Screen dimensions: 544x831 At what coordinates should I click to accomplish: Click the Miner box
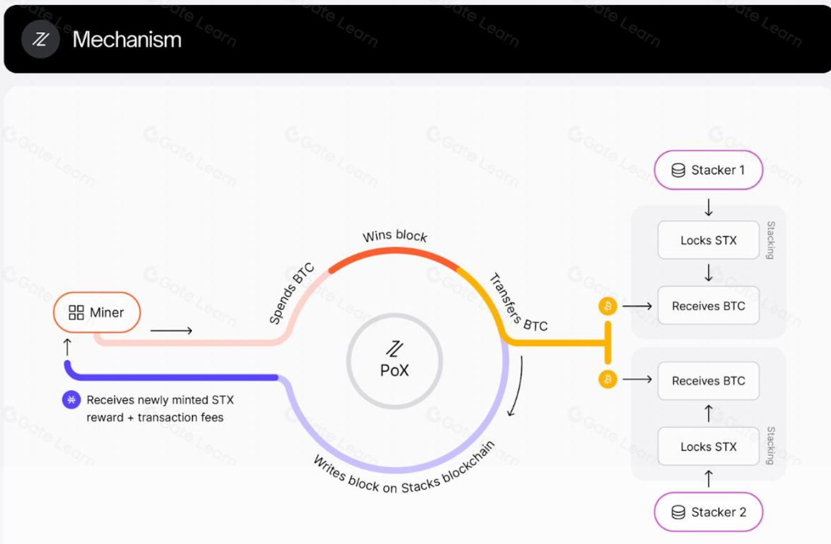pyautogui.click(x=96, y=312)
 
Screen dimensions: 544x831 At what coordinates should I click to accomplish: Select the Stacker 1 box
pyautogui.click(x=708, y=170)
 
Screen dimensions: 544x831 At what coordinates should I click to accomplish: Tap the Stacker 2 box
pyautogui.click(x=708, y=512)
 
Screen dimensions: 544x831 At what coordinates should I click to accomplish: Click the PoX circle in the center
pyautogui.click(x=395, y=361)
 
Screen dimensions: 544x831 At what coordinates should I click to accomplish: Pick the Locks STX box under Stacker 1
pyautogui.click(x=708, y=240)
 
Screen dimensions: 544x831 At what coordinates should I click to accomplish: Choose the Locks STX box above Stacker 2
pyautogui.click(x=708, y=446)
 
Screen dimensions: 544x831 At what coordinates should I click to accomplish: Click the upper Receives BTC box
pyautogui.click(x=708, y=306)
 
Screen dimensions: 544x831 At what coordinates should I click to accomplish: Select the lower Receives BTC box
pyautogui.click(x=708, y=380)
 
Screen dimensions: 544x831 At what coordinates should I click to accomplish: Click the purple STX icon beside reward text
pyautogui.click(x=71, y=400)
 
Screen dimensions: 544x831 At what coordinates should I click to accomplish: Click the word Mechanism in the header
pyautogui.click(x=127, y=39)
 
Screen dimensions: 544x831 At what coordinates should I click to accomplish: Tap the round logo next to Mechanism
pyautogui.click(x=41, y=39)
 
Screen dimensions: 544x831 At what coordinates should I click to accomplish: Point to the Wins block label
pyautogui.click(x=395, y=236)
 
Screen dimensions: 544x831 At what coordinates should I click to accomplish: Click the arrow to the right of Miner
pyautogui.click(x=171, y=330)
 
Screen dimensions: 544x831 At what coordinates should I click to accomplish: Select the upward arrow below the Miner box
pyautogui.click(x=68, y=348)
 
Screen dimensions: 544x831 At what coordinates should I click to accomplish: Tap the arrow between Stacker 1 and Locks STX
pyautogui.click(x=708, y=208)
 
